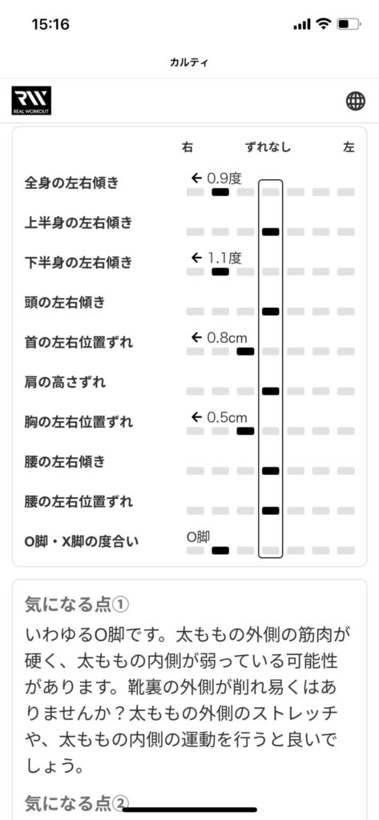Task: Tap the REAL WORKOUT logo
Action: point(31,100)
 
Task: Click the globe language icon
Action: point(356,101)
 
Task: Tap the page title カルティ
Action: point(189,62)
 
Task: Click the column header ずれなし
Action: point(268,147)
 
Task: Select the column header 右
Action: point(187,147)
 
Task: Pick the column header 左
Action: point(349,147)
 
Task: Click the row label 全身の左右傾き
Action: point(71,183)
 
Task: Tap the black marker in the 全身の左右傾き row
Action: point(220,192)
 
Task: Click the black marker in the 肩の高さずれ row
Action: point(271,391)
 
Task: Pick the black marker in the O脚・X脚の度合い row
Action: point(220,550)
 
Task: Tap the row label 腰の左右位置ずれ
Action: point(79,501)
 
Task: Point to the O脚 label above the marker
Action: point(198,536)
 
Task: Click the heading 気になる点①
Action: point(77,605)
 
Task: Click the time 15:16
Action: point(50,25)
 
